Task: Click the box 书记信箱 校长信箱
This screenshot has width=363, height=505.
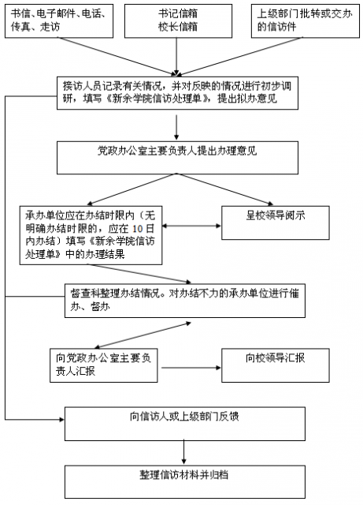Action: click(x=178, y=21)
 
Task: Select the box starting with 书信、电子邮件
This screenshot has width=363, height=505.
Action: click(x=59, y=21)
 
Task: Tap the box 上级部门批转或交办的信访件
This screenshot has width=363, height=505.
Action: click(x=306, y=21)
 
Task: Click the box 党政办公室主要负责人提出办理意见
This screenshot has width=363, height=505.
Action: click(x=177, y=158)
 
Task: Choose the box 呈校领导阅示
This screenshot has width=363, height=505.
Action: click(x=276, y=223)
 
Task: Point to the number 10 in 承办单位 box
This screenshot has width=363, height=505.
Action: click(x=137, y=229)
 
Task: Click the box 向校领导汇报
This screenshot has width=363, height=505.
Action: click(x=276, y=365)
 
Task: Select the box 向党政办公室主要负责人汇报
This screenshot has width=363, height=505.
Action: click(x=103, y=365)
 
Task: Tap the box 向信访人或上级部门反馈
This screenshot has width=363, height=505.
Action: click(x=185, y=424)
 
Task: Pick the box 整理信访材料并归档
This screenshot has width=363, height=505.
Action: click(x=185, y=482)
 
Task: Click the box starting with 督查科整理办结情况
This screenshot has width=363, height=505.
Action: click(x=185, y=301)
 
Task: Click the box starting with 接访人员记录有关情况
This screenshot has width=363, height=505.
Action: click(x=177, y=93)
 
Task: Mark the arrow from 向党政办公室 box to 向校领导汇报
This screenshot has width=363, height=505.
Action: click(x=191, y=368)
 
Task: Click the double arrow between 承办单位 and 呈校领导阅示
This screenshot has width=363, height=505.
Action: click(x=191, y=226)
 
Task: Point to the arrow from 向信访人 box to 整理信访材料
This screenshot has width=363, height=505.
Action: click(x=184, y=453)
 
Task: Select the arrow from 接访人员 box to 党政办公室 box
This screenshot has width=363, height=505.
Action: click(x=176, y=128)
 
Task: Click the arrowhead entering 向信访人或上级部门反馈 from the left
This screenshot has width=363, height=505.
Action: click(x=61, y=419)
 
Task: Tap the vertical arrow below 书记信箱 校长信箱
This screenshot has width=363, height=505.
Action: click(x=176, y=57)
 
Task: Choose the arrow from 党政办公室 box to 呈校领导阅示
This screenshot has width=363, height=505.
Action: click(x=224, y=189)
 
